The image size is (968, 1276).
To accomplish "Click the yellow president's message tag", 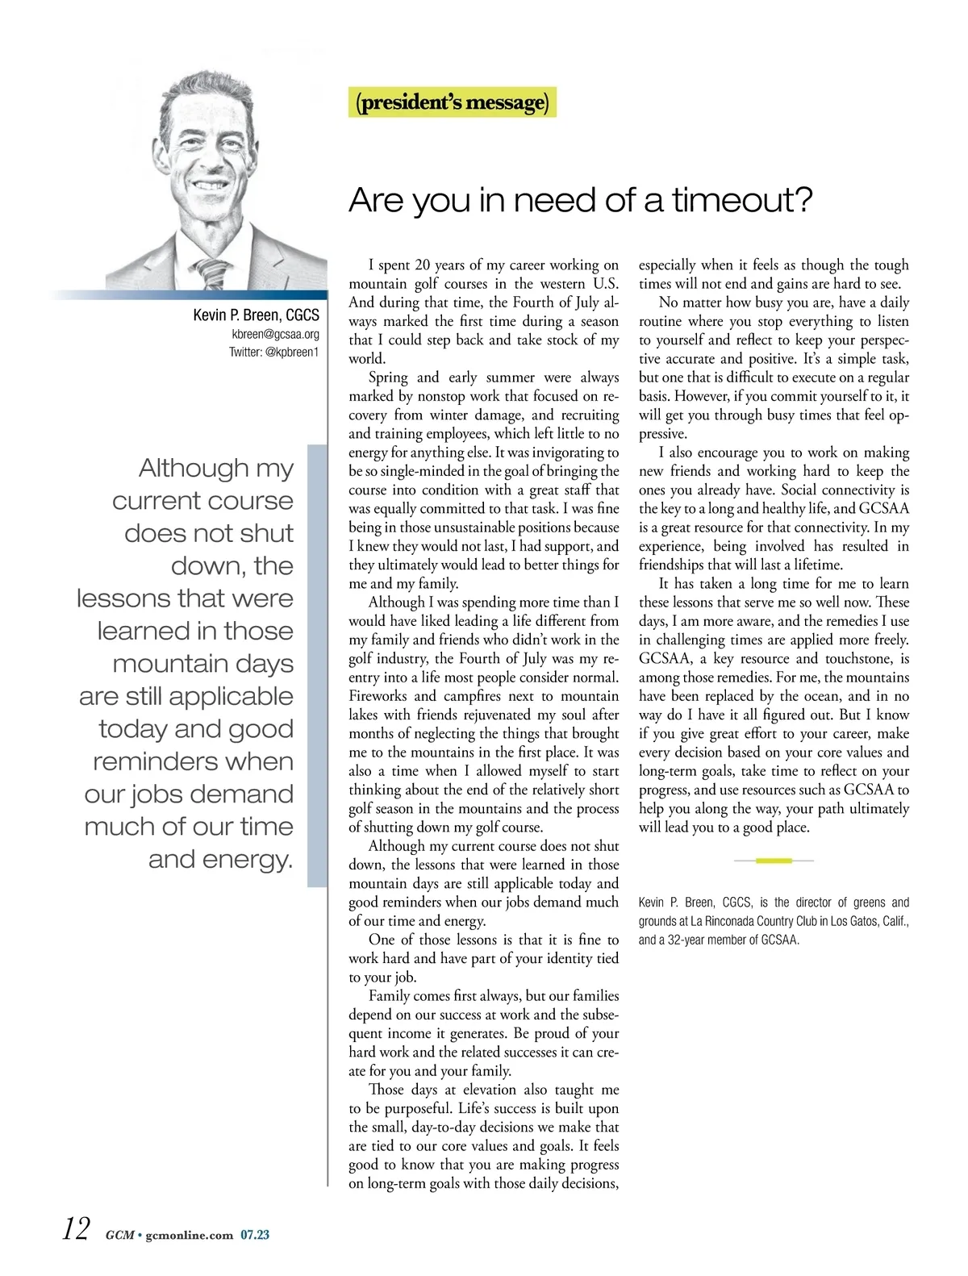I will click(x=452, y=103).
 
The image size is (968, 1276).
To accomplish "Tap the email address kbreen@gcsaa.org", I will click(x=275, y=334).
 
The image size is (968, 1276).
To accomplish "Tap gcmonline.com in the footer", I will click(x=190, y=1235).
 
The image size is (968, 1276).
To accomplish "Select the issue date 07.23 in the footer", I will click(x=255, y=1235).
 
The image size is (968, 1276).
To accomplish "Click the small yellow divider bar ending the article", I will click(x=774, y=861).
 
